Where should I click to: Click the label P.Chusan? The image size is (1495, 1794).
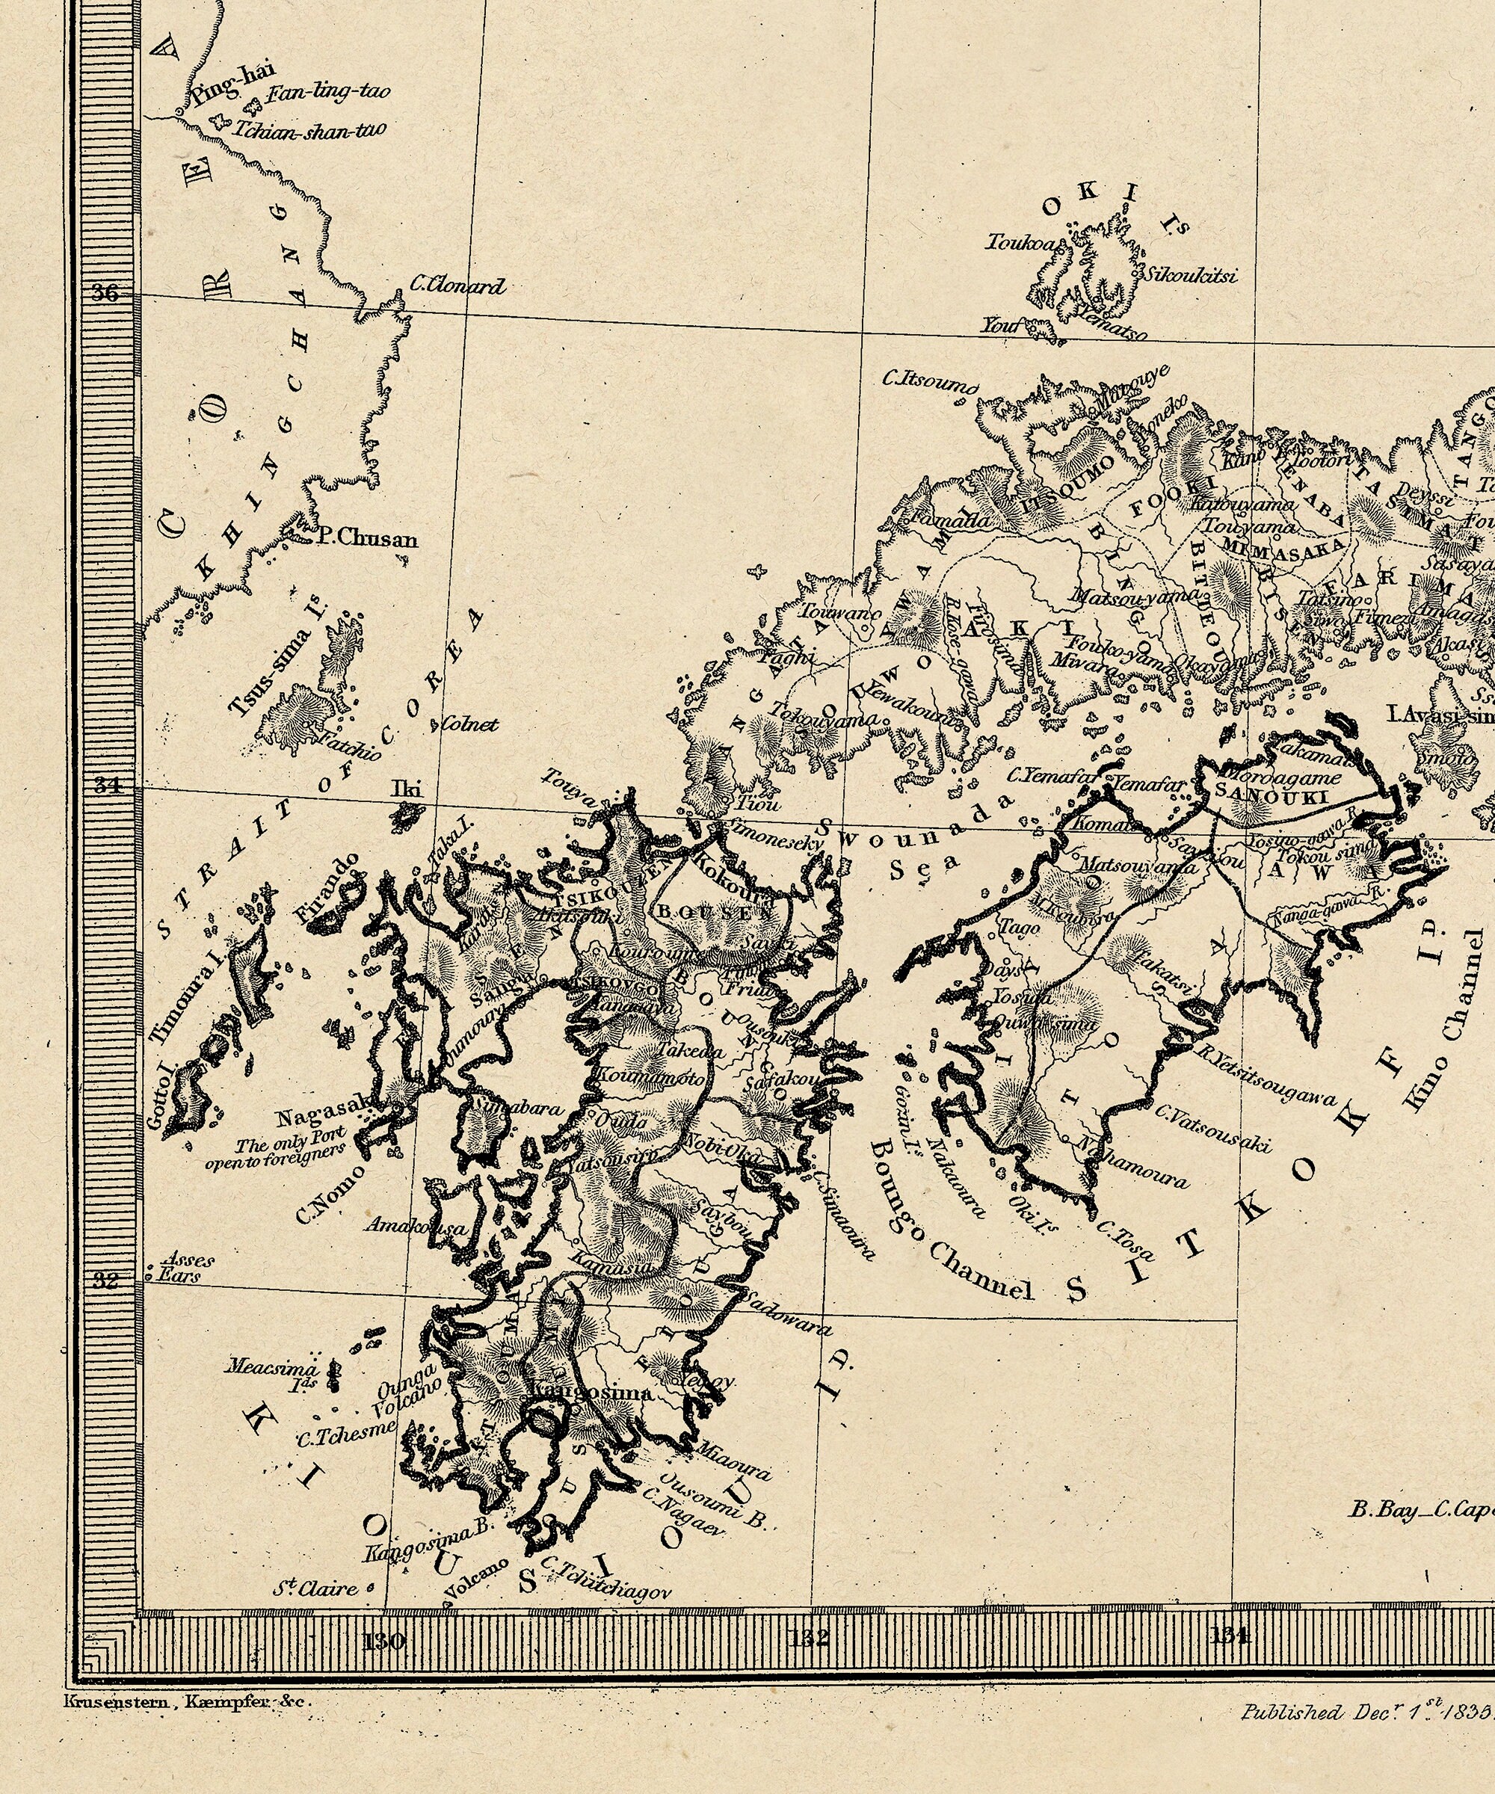click(366, 539)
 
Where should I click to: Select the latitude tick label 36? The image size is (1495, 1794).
click(106, 293)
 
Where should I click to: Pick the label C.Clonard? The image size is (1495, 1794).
click(458, 286)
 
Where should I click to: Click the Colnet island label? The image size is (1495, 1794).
click(469, 724)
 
